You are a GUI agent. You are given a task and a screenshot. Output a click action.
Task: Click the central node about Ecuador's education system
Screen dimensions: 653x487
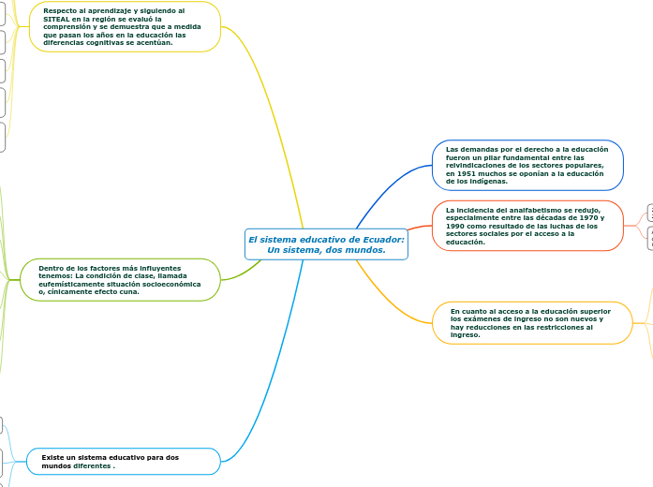point(326,244)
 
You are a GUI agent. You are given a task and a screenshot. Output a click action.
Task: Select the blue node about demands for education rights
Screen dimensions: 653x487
point(527,165)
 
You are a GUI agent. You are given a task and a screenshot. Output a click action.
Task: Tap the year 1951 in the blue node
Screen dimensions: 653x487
point(458,173)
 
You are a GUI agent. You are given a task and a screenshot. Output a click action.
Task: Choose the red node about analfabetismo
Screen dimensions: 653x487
point(527,226)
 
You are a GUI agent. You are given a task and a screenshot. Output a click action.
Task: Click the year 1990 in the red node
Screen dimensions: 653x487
point(457,226)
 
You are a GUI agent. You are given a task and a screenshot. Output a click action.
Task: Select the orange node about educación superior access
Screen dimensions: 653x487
point(531,322)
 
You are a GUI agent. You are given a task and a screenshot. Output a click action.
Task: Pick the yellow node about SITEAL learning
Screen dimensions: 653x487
point(125,26)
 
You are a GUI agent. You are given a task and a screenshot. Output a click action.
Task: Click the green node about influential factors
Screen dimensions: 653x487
point(120,280)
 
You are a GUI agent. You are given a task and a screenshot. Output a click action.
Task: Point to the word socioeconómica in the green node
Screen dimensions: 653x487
point(175,284)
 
